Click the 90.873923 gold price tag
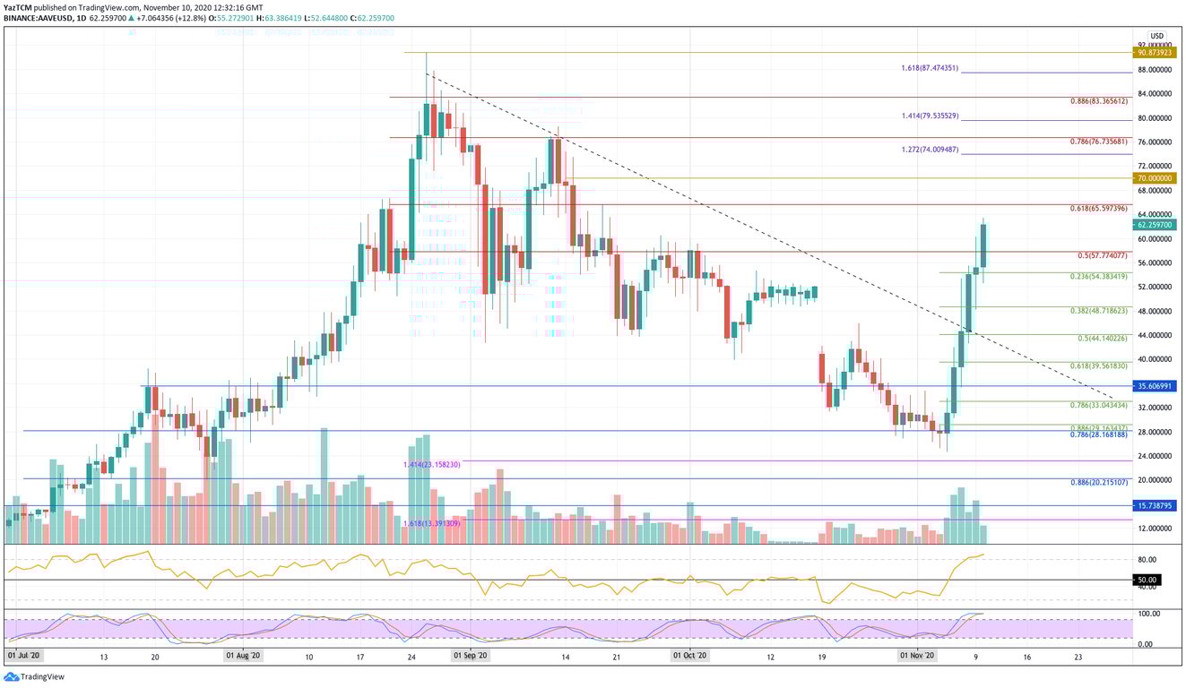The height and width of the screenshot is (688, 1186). pos(1156,53)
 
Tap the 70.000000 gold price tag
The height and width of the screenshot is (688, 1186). pos(1156,178)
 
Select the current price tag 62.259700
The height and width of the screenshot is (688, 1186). pos(1156,225)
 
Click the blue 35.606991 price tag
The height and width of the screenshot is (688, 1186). pos(1156,386)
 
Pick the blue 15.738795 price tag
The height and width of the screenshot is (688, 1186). pos(1156,506)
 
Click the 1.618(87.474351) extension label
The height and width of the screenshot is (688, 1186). pos(930,69)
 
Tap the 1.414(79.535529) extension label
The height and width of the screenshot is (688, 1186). pos(930,116)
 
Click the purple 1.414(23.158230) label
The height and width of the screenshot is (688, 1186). pos(431,465)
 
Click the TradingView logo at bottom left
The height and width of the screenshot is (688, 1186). pos(36,677)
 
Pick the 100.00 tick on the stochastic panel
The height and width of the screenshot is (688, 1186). pos(1148,614)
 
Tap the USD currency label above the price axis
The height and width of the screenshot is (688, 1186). pos(1156,36)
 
